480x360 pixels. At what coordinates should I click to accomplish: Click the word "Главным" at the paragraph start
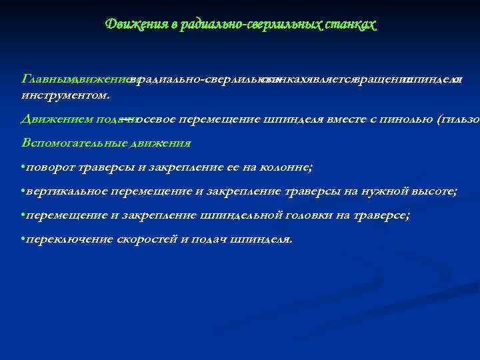pyautogui.click(x=47, y=79)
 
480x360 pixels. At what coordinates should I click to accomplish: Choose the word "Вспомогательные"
pyautogui.click(x=73, y=143)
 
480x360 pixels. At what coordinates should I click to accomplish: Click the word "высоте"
pyautogui.click(x=433, y=191)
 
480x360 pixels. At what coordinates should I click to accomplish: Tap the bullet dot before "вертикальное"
pyautogui.click(x=23, y=192)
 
